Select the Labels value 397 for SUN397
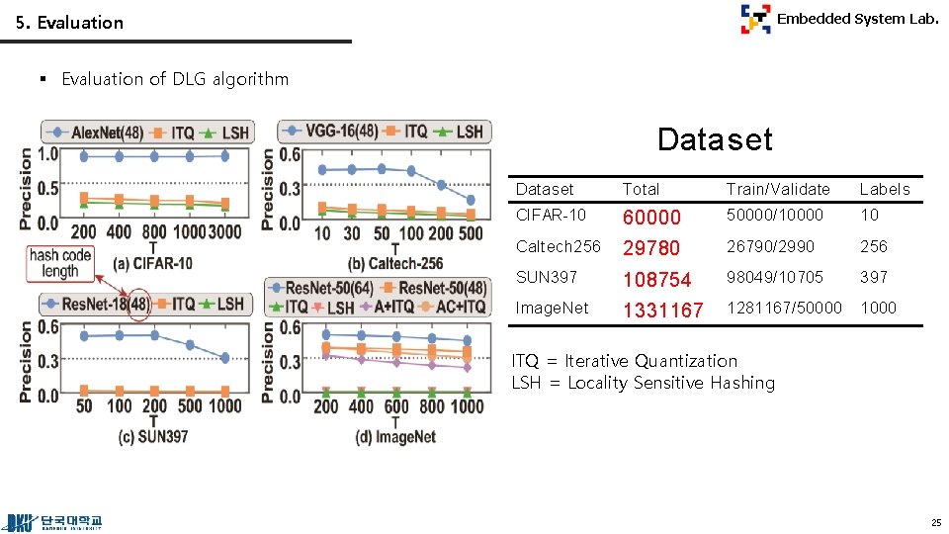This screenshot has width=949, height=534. click(874, 277)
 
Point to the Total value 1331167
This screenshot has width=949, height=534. click(662, 311)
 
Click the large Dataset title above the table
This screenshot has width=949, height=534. click(714, 139)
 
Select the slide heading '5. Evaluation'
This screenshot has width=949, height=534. click(69, 22)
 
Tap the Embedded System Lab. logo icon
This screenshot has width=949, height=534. click(755, 19)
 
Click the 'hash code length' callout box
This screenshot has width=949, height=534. click(60, 263)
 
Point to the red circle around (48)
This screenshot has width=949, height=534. click(138, 304)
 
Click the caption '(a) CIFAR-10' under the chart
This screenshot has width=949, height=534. click(152, 263)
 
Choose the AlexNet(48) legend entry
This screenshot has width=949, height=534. click(99, 132)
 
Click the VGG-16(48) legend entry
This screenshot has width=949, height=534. click(332, 131)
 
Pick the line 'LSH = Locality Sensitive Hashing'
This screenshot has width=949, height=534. click(643, 383)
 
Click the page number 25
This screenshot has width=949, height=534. click(935, 522)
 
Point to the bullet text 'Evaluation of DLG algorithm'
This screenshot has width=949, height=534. click(175, 79)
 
